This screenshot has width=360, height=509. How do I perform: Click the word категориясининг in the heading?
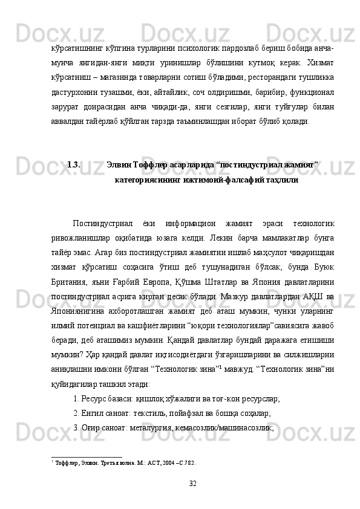coord(144,180)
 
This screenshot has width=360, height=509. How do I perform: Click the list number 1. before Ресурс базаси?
coord(76,399)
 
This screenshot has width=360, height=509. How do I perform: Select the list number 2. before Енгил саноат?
coord(76,413)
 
